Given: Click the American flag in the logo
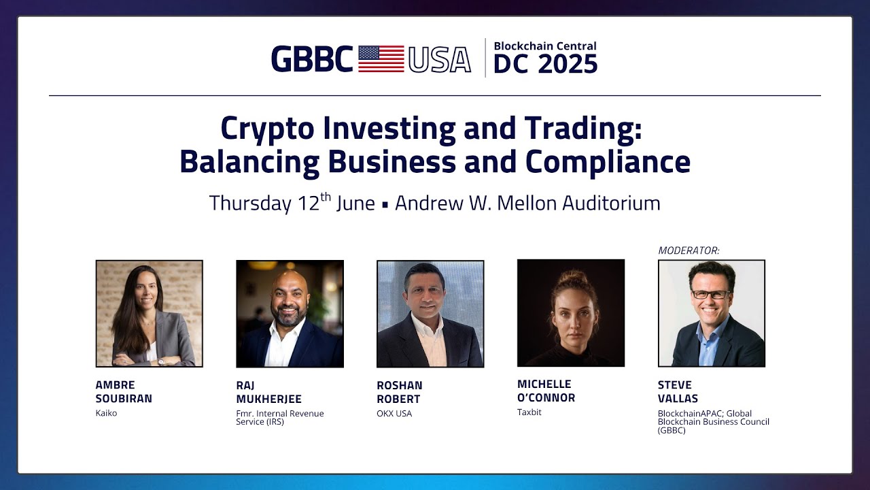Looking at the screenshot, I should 381,59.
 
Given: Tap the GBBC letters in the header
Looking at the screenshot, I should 312,59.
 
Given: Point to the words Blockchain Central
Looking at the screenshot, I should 545,46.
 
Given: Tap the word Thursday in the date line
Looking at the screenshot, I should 249,203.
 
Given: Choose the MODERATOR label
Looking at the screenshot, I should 689,251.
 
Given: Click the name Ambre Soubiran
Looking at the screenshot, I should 124,392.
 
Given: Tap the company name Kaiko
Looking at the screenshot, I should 107,413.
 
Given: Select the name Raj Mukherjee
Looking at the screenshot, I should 268,392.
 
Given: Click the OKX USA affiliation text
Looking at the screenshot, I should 394,413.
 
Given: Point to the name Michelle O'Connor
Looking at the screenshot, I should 546,391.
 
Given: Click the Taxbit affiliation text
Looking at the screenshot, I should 529,412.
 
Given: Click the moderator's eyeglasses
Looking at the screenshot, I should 710,295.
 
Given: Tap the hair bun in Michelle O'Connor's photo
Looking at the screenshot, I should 570,277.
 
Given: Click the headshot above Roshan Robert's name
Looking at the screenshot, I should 430,314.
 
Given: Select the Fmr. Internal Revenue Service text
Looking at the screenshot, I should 280,417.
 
